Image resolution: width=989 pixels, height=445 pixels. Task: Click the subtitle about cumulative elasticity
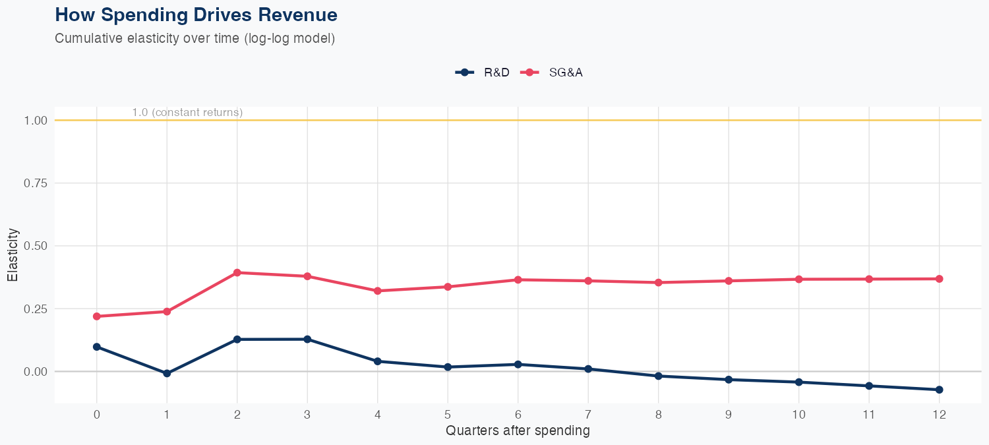pos(195,38)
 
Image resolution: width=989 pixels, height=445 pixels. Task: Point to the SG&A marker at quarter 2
pos(237,272)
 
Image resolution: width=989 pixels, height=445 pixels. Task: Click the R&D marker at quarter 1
pos(167,373)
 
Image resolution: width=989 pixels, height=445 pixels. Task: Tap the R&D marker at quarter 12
pos(939,390)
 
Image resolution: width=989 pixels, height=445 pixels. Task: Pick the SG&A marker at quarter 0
pos(97,316)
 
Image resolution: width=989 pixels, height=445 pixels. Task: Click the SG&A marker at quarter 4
pos(377,291)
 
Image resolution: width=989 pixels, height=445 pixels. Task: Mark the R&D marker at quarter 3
pos(307,339)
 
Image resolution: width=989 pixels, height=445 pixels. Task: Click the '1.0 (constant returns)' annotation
pos(187,113)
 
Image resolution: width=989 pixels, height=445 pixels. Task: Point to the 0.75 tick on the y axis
pos(36,183)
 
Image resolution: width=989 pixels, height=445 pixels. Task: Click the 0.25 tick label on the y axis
pos(36,309)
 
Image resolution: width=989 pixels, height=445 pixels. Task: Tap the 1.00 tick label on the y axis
pos(36,121)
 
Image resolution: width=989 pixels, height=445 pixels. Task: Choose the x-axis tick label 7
pos(587,415)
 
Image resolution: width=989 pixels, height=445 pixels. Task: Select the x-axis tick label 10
pos(798,415)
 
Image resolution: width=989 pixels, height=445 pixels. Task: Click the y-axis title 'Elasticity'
pos(12,255)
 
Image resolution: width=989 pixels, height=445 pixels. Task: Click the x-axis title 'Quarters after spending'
pos(518,431)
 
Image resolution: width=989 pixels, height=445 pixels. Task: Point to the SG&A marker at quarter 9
pos(729,281)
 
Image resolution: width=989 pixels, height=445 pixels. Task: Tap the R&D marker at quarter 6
pos(518,364)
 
